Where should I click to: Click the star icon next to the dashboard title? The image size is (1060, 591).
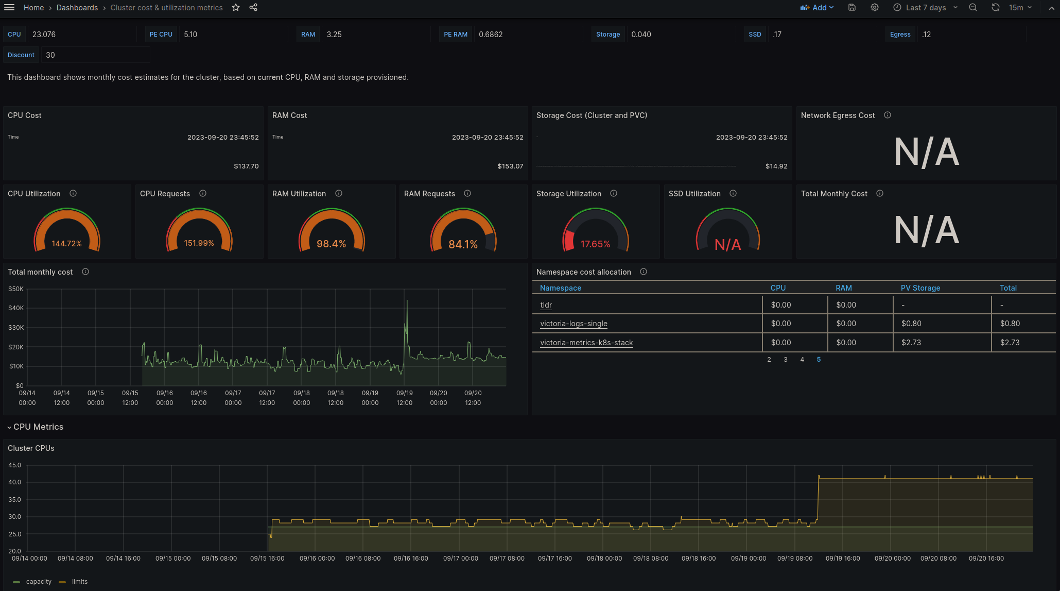pos(236,8)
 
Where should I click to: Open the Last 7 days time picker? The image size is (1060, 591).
pos(925,8)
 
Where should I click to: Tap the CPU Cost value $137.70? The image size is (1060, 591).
pos(246,166)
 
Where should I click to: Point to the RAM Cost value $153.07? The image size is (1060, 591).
pos(510,166)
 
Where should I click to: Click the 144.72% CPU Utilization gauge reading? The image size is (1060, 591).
pos(67,243)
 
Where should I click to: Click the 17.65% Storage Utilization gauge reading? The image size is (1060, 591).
pos(595,244)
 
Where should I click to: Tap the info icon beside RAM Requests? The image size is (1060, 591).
pos(467,194)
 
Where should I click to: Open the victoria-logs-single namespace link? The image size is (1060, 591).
pos(574,324)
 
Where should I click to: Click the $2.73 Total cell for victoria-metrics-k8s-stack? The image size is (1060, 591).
pos(1010,343)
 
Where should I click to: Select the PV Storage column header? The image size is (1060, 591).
pos(920,288)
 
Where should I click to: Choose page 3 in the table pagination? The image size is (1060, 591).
pos(786,360)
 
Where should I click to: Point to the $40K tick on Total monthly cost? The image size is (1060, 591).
pos(16,308)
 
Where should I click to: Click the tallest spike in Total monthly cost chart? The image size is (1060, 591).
pos(407,301)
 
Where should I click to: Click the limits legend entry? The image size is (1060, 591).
pos(79,582)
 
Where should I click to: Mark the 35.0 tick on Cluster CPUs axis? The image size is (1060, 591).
pos(14,500)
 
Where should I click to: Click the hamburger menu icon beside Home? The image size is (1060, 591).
pos(9,8)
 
